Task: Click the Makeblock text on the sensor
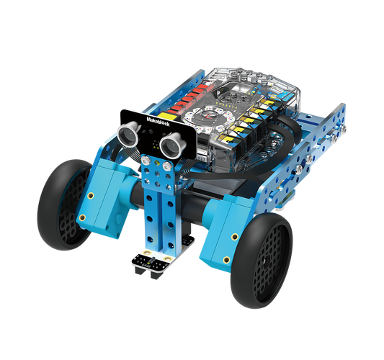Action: tap(157, 120)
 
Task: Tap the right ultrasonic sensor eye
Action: tap(174, 145)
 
